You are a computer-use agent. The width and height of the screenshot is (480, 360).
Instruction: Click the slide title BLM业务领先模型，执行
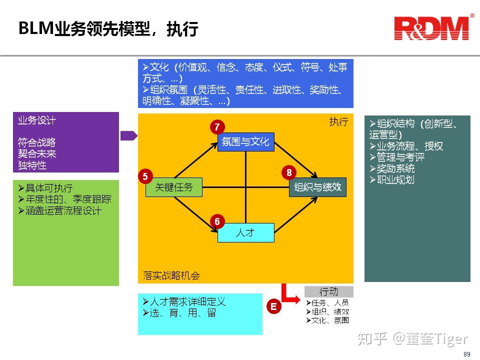pos(108,29)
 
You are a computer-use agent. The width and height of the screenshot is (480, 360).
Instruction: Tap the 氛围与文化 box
pos(245,141)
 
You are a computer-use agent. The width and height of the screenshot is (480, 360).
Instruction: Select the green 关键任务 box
pos(173,187)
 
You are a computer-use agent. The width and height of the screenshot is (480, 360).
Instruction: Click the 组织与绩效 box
pos(317,187)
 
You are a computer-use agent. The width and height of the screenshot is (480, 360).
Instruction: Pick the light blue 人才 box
pos(245,233)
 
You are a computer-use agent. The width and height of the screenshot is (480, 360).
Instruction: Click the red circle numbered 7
pos(217,127)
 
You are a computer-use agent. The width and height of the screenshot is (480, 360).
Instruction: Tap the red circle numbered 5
pos(145,176)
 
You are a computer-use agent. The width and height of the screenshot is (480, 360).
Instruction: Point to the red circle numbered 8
pos(289,173)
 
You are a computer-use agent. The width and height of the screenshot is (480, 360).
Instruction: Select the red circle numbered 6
pos(217,221)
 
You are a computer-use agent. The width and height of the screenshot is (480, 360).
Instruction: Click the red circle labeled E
pos(273,306)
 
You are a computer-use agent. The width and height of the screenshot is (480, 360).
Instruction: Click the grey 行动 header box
pos(328,291)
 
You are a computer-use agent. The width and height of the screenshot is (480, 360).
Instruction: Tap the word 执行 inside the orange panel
pos(338,121)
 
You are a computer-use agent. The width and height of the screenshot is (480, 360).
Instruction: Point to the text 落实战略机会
pos(171,275)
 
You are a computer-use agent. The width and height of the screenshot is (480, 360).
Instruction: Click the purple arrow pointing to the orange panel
pos(128,135)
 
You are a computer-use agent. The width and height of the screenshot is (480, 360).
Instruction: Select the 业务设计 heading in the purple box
pos(37,120)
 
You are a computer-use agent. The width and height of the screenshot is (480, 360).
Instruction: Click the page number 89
pos(466,354)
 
